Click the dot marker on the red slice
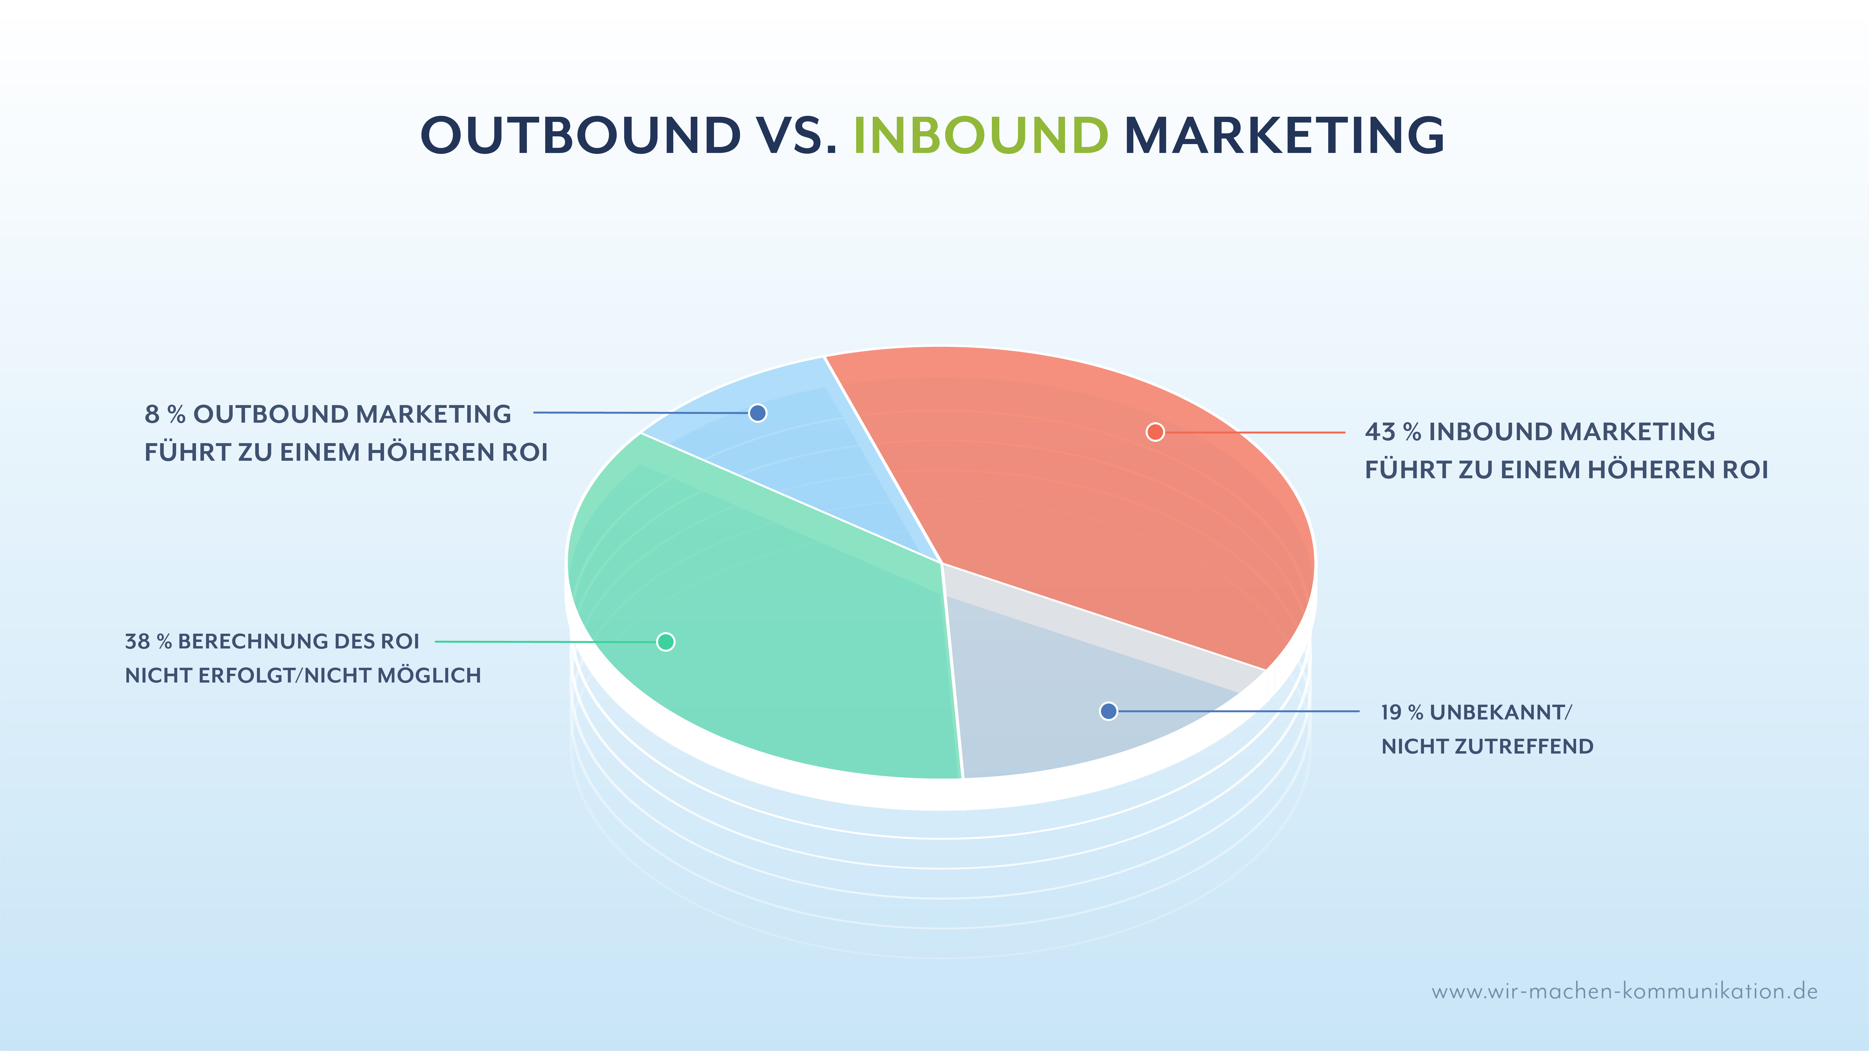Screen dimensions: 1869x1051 pyautogui.click(x=1155, y=432)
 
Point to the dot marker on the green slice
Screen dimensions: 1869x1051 pyautogui.click(x=665, y=642)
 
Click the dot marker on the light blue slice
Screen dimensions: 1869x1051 pyautogui.click(x=758, y=413)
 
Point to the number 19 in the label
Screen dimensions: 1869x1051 pyautogui.click(x=1391, y=712)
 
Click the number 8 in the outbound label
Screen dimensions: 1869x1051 pyautogui.click(x=152, y=414)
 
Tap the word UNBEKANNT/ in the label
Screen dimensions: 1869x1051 pyautogui.click(x=1500, y=712)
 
